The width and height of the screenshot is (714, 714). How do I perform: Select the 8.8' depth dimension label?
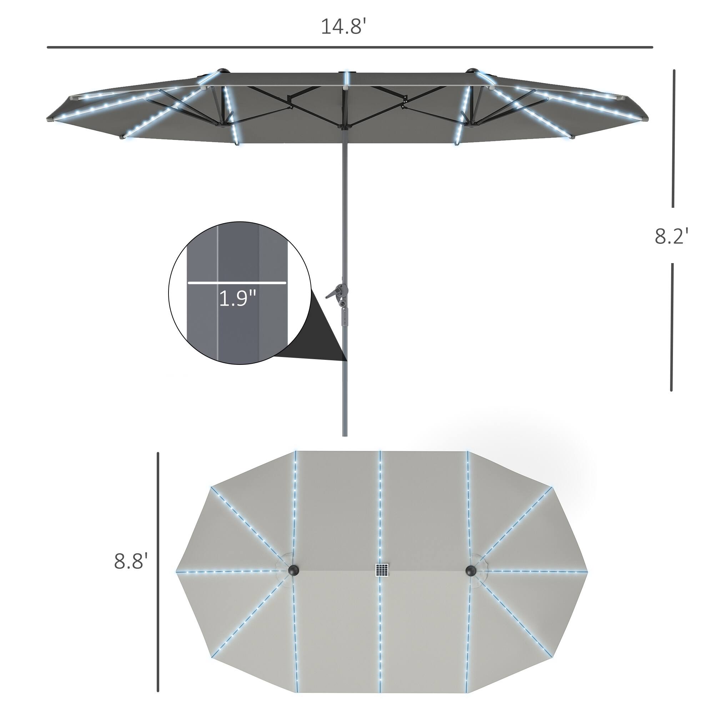tap(130, 561)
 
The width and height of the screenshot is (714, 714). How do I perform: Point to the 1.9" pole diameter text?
tap(237, 298)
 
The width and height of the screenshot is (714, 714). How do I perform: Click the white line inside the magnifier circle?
tap(237, 283)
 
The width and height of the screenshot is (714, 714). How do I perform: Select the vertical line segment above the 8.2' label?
tap(673, 139)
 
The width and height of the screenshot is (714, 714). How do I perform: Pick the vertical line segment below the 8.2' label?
tap(672, 327)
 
